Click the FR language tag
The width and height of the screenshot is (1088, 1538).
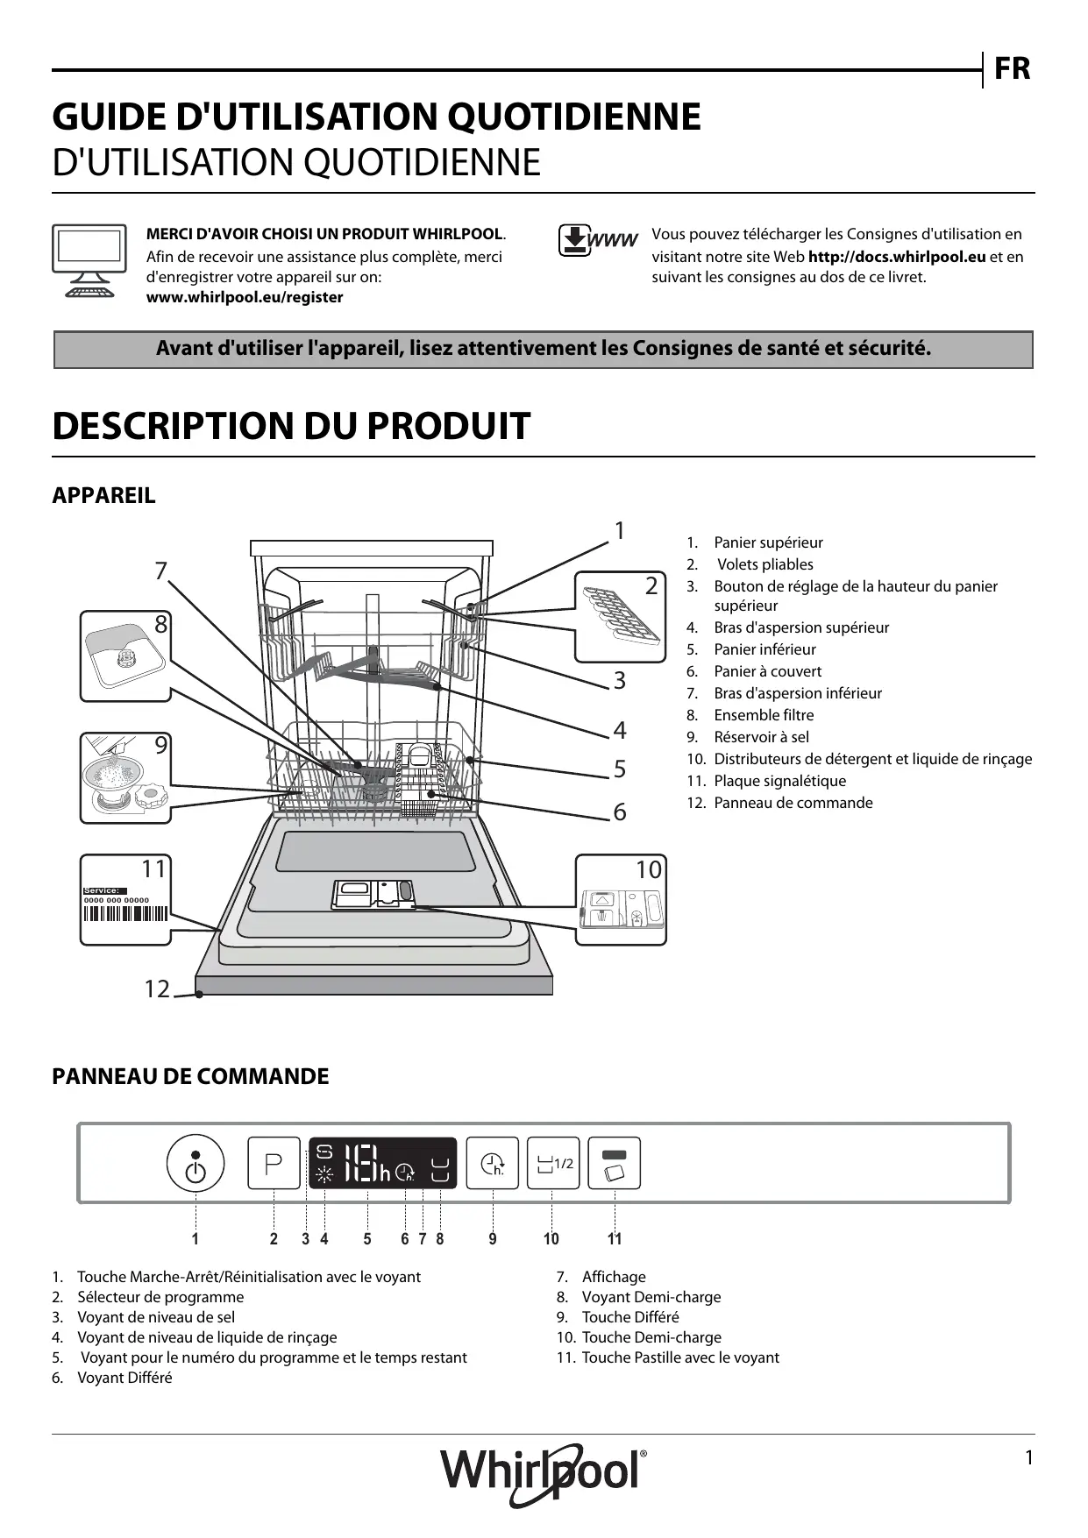tap(1012, 68)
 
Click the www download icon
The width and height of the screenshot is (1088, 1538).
tap(597, 240)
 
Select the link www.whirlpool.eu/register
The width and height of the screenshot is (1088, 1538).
tap(245, 297)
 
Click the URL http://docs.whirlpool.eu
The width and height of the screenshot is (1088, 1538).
tap(897, 257)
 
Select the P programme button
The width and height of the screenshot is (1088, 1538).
tap(274, 1163)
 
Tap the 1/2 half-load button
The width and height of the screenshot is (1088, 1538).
tap(553, 1163)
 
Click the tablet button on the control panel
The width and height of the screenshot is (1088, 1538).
tap(615, 1163)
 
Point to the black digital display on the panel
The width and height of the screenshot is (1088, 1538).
tap(382, 1163)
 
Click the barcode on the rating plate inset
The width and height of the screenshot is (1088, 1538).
tap(124, 914)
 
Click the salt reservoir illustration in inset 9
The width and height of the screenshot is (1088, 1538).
tap(123, 779)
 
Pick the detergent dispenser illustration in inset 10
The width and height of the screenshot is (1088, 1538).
tap(622, 908)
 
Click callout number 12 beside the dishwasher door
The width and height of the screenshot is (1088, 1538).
tap(157, 989)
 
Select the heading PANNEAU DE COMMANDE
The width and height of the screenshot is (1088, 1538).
tap(190, 1076)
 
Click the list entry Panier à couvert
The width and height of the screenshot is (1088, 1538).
tap(767, 671)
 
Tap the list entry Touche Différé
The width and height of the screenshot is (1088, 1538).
tap(629, 1317)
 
